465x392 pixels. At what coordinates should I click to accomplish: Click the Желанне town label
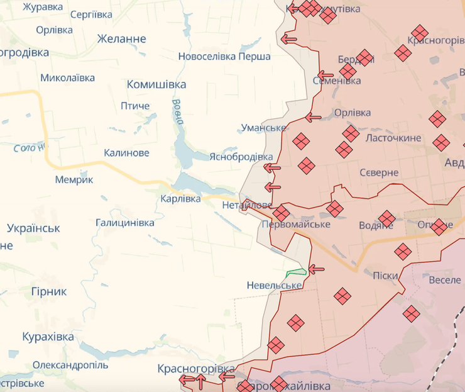click(x=122, y=39)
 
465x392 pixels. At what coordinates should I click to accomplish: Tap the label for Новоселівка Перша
click(x=224, y=57)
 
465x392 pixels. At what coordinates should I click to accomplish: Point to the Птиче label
click(x=135, y=106)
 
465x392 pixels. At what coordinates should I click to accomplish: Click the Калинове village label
click(x=126, y=153)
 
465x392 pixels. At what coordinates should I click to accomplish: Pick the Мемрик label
click(x=74, y=180)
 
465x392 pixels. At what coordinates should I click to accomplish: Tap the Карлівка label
click(x=181, y=199)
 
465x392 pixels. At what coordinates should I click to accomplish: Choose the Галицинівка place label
click(x=125, y=223)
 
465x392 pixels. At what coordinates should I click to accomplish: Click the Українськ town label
click(x=33, y=228)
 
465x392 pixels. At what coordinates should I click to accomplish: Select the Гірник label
click(x=48, y=291)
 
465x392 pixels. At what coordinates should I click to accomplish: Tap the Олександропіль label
click(x=70, y=365)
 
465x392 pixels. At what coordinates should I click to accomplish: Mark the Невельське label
click(x=275, y=285)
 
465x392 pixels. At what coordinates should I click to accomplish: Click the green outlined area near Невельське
click(x=296, y=273)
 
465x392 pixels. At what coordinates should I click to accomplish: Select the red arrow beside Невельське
click(x=316, y=269)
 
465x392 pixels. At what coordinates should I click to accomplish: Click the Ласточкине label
click(x=393, y=138)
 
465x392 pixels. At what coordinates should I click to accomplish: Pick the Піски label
click(x=385, y=275)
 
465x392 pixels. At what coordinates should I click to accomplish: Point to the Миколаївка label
click(x=67, y=78)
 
